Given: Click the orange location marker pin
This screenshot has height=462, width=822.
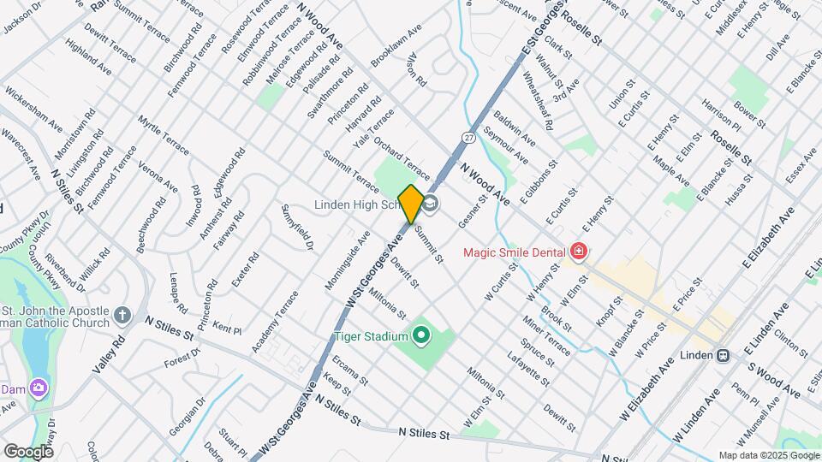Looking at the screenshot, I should click(410, 204).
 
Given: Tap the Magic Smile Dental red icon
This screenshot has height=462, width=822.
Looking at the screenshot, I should click(580, 252).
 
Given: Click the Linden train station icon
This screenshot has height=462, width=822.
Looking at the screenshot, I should click(723, 354).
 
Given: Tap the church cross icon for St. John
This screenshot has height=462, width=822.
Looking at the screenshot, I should click(122, 316).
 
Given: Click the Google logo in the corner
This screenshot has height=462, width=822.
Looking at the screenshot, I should click(28, 451).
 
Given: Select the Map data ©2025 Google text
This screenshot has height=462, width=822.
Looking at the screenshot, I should click(767, 455).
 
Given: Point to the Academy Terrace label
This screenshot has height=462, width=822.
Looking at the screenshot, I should click(274, 322).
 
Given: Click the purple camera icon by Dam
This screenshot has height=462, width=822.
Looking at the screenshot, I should click(38, 388).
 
